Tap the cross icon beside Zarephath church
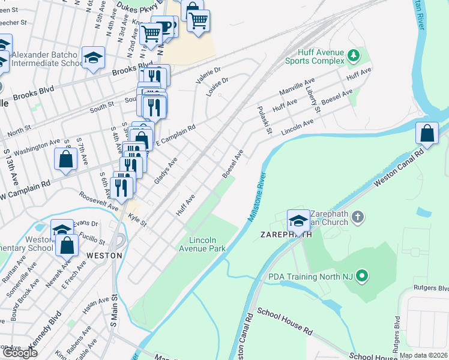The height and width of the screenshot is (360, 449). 358,217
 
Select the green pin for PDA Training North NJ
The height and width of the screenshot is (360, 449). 361,277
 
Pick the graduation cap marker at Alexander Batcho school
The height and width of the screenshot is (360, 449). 92,58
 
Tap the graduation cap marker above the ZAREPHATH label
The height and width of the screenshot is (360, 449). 298,220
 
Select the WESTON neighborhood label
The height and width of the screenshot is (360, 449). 104,254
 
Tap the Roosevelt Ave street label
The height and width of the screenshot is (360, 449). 99,201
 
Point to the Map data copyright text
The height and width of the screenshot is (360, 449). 423,355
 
